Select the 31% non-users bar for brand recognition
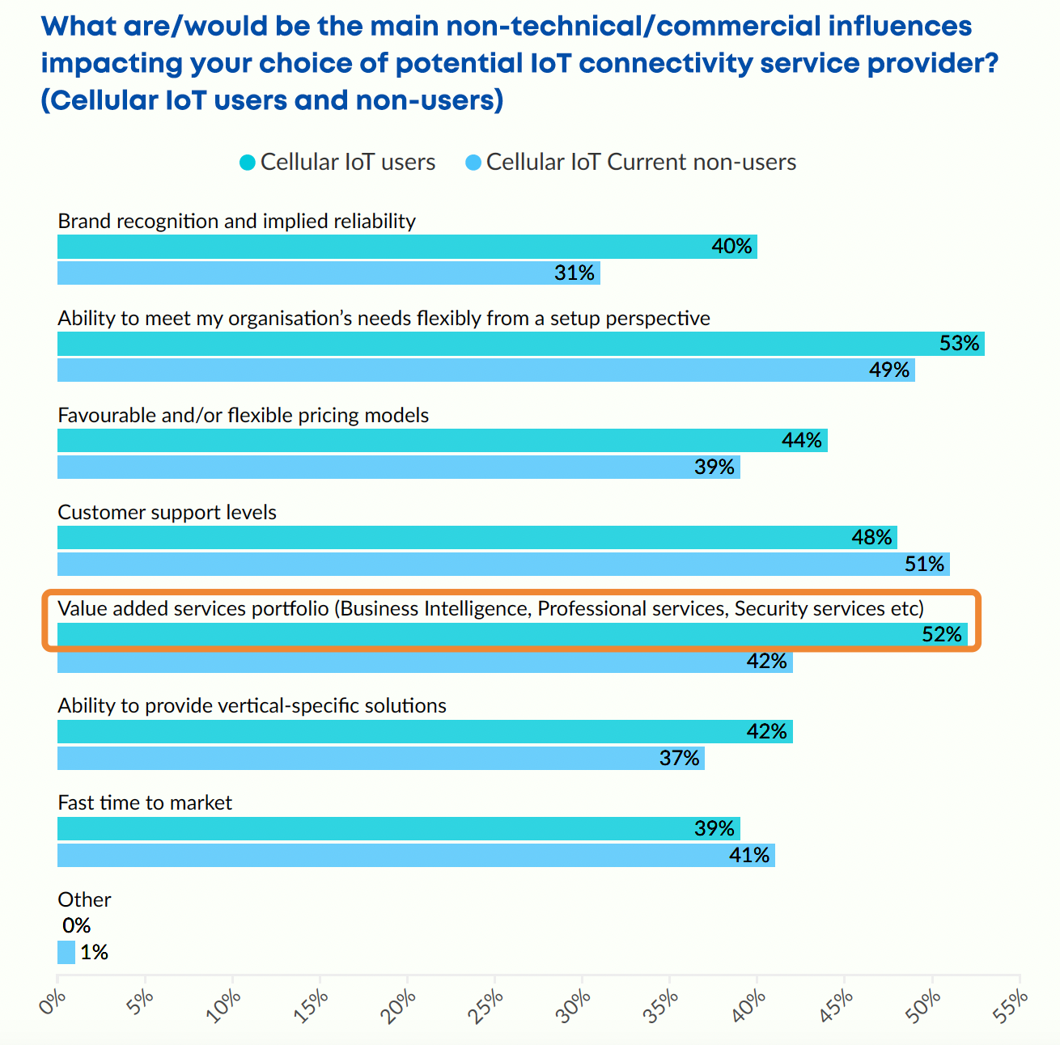point(328,273)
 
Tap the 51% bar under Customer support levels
point(502,564)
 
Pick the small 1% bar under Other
point(66,952)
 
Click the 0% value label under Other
point(76,925)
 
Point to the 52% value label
point(942,634)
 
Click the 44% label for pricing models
point(802,440)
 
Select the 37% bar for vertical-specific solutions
point(380,758)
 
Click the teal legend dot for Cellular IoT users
point(248,163)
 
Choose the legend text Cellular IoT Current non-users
point(641,163)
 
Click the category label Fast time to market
point(145,802)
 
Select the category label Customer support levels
point(167,512)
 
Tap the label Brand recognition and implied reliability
point(236,221)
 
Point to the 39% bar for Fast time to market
point(398,828)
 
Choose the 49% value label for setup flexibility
point(889,370)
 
